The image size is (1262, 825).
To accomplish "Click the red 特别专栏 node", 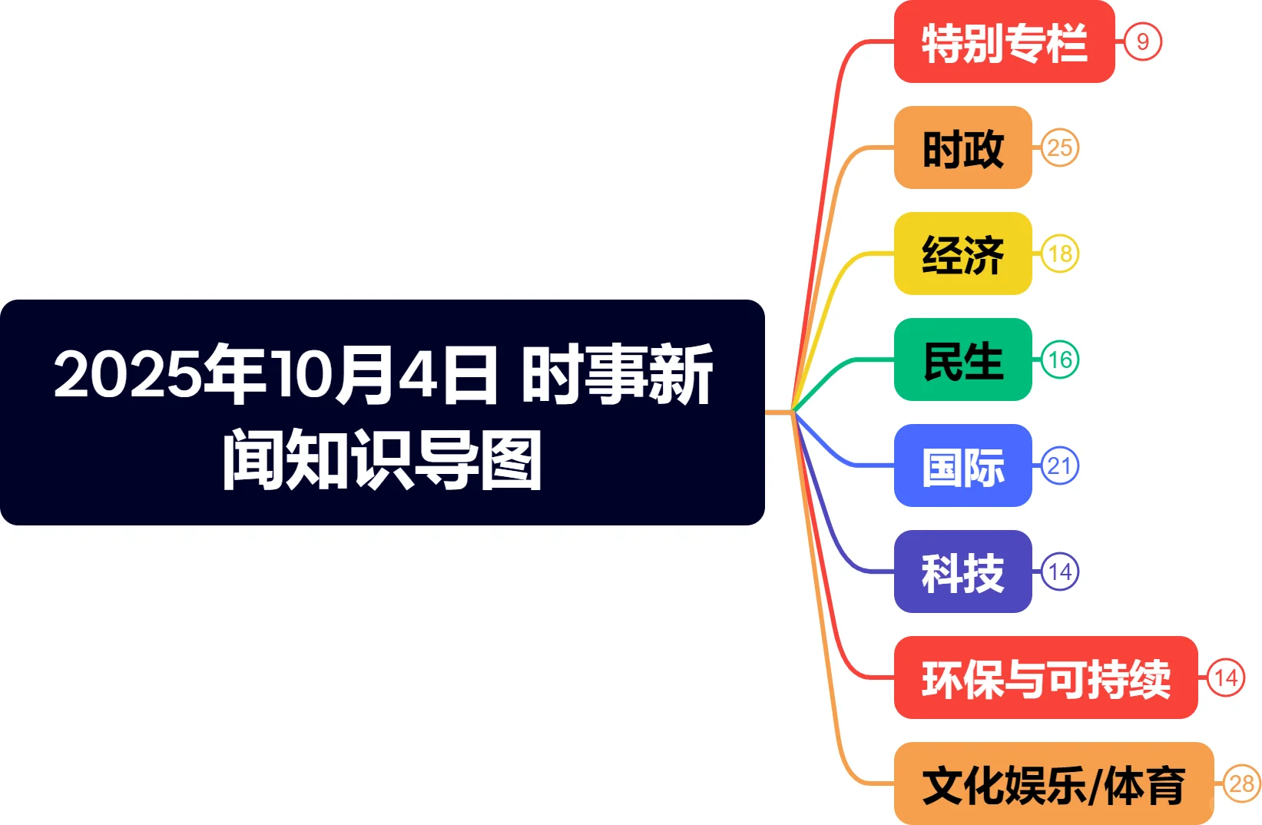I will point(1004,42).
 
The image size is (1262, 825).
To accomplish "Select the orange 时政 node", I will point(962,147).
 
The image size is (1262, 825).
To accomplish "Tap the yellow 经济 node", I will point(962,253).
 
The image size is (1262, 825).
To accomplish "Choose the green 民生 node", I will point(962,359).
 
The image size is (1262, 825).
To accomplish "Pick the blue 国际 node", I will point(962,466).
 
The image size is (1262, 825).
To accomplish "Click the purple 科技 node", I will point(962,572).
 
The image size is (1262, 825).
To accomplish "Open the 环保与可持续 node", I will point(1045,678).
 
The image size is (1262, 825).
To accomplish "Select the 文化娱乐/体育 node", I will point(1053,784).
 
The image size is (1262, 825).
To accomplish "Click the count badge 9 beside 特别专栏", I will point(1143,41).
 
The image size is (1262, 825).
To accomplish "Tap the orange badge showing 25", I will point(1060,147).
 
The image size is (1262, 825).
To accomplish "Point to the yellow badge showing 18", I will point(1060,253).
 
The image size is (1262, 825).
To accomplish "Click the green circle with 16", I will point(1060,359).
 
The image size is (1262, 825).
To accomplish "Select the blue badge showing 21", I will point(1060,466).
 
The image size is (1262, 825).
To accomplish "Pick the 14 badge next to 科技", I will point(1060,572).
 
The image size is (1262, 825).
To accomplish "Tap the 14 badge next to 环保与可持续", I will point(1226,678).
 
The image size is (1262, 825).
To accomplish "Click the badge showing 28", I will point(1242,784).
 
